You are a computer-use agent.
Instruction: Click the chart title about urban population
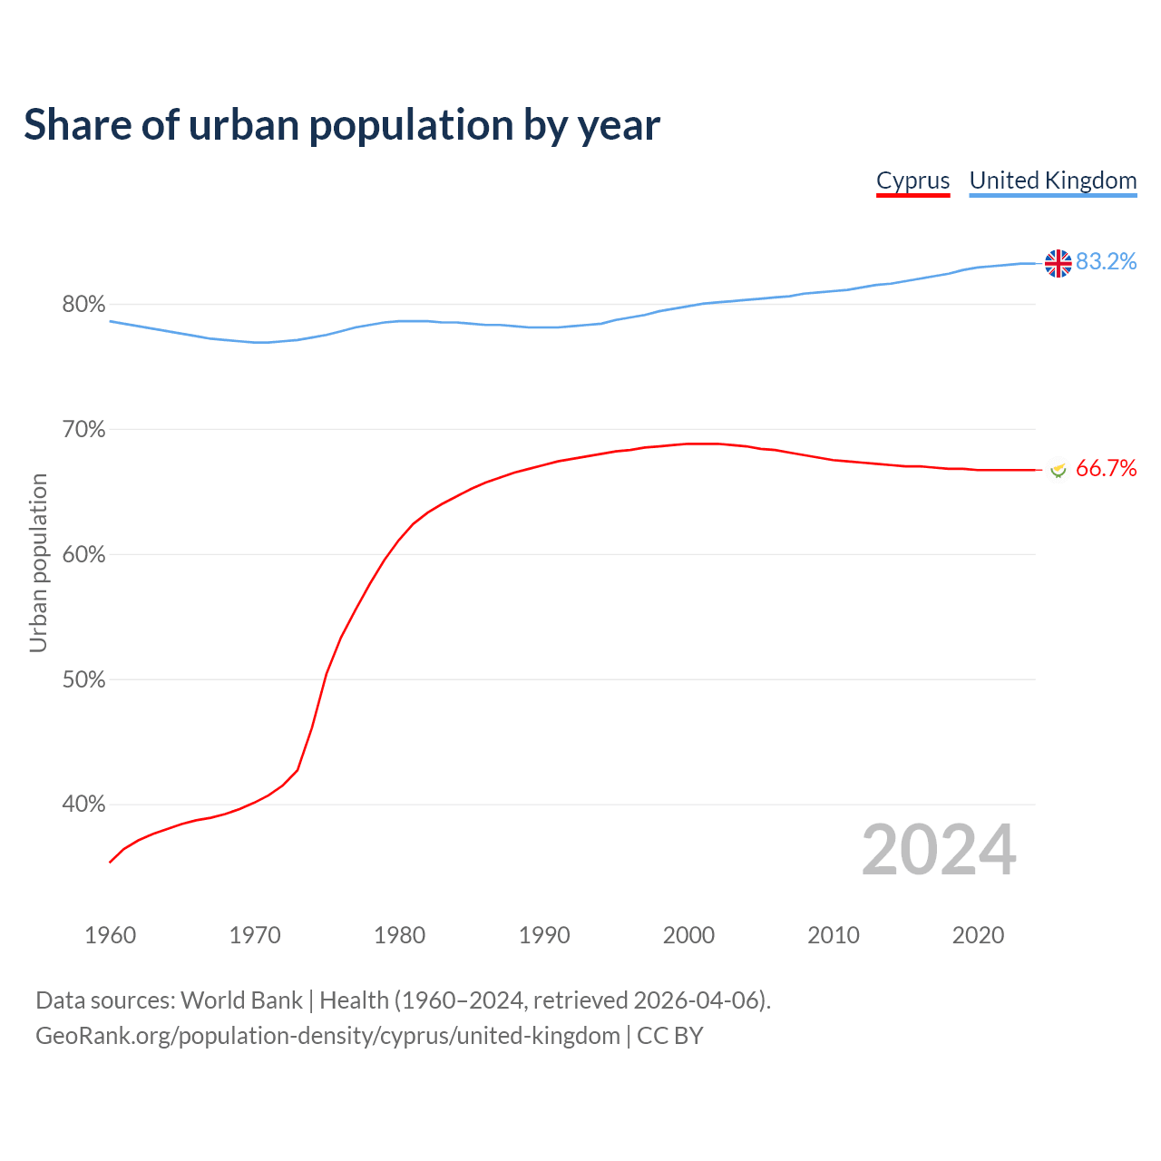[342, 125]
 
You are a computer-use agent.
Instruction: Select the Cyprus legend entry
[912, 180]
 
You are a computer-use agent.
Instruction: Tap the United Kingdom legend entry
[1052, 180]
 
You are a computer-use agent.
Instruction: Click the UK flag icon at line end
[1058, 263]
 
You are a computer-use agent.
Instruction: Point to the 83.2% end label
[1106, 262]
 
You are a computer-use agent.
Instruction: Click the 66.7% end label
[1106, 468]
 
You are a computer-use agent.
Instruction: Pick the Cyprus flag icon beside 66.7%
[1058, 469]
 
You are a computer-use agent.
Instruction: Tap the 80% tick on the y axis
[83, 305]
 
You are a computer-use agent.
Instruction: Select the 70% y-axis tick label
[83, 430]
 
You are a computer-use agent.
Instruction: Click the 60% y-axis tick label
[83, 555]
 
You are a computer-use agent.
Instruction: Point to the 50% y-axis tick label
[83, 680]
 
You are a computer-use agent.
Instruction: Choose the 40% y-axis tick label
[83, 805]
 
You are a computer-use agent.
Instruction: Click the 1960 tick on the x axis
[110, 935]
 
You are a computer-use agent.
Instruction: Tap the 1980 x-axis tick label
[399, 935]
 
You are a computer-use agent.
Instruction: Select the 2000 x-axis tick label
[688, 935]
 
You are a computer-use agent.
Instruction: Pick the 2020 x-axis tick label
[978, 935]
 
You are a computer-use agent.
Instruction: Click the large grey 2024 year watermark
[939, 850]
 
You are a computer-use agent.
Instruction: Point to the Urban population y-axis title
[38, 562]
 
